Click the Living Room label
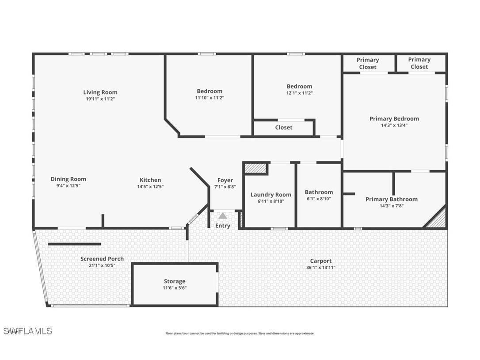point(100,92)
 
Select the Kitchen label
point(150,180)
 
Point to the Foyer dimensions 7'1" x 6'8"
point(225,187)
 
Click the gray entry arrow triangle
point(223,216)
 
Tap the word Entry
point(223,226)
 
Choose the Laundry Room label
point(271,195)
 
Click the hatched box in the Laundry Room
point(255,169)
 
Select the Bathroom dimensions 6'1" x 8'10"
point(319,199)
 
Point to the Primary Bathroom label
point(392,199)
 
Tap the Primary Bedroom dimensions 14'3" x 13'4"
point(394,125)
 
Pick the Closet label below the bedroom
point(284,127)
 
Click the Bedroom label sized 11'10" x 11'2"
point(210,91)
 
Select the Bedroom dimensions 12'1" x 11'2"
point(299,93)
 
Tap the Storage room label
point(175,281)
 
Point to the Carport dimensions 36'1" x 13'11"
point(321,268)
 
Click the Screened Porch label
point(102,259)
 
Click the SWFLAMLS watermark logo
point(28,331)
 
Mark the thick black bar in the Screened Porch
point(75,244)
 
